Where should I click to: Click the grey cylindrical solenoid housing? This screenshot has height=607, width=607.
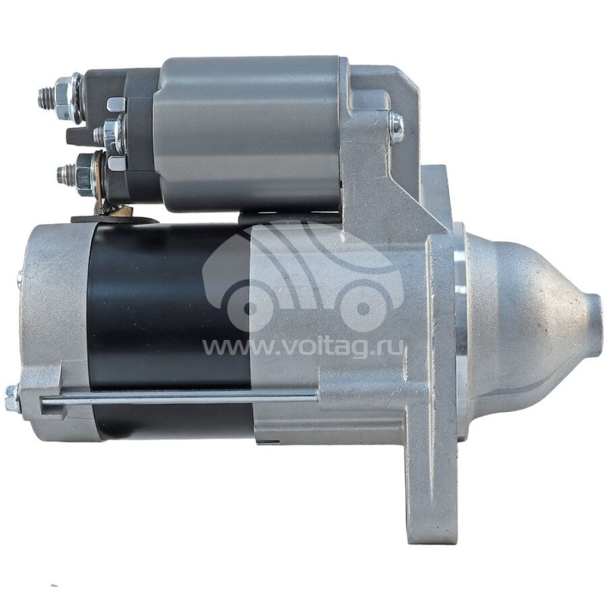[248, 134]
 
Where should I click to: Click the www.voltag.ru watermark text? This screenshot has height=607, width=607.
[304, 347]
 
